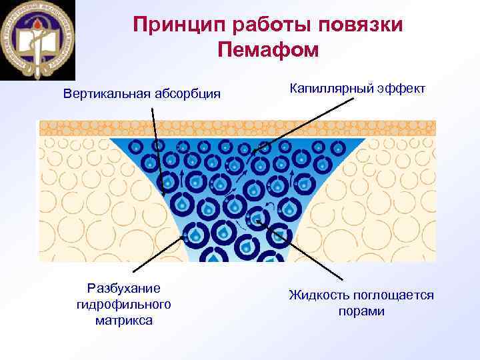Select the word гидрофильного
124,304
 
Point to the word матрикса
124,320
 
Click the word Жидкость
321,295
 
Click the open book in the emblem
38,47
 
